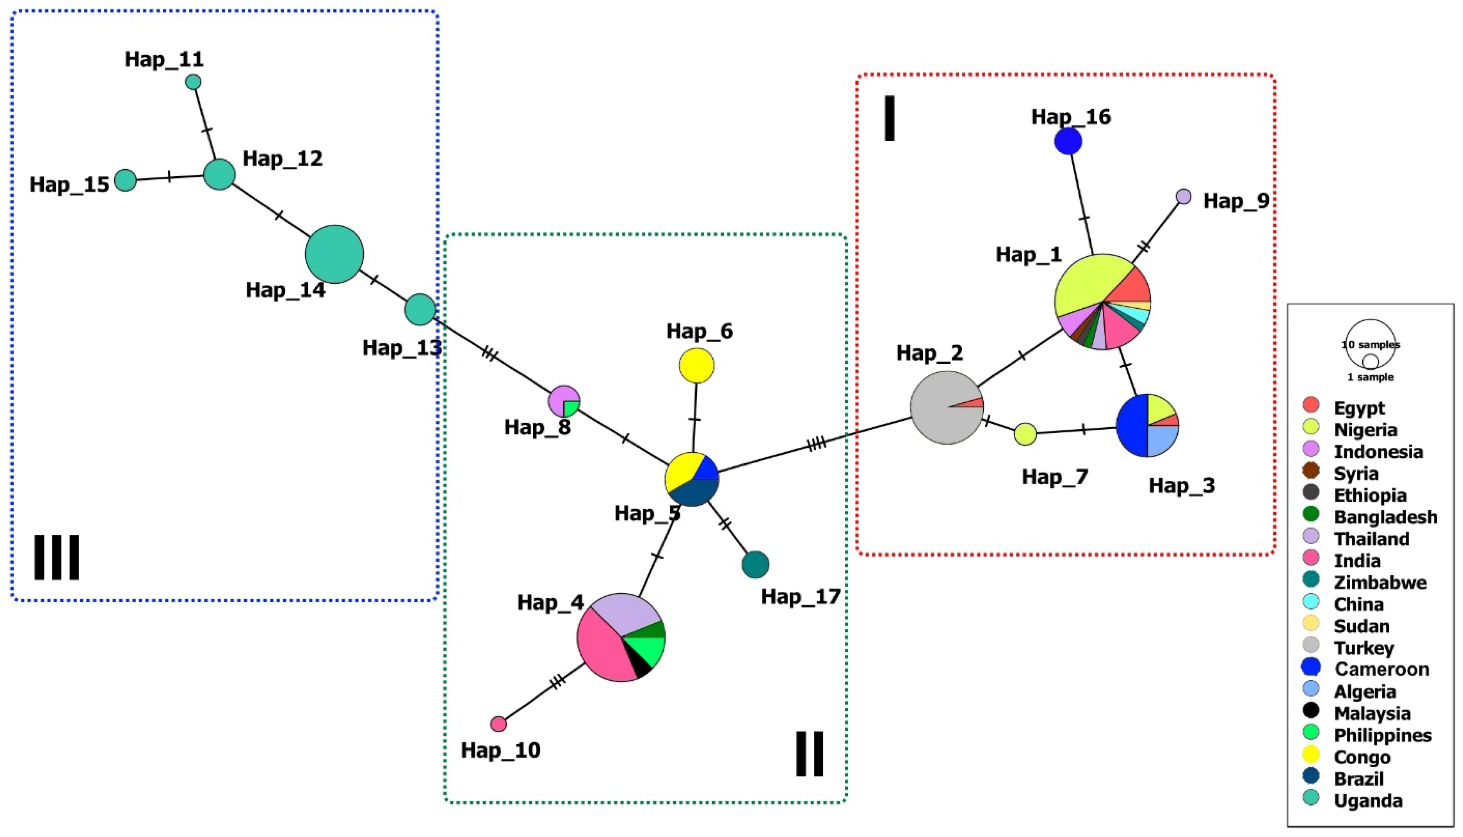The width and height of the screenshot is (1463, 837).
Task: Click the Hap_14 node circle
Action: pos(334,254)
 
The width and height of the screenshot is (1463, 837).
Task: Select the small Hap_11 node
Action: pos(193,82)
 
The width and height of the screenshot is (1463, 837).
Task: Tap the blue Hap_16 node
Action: pos(1068,141)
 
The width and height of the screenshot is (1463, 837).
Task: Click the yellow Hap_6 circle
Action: pos(696,365)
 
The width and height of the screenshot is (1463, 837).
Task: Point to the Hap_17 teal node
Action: pos(755,564)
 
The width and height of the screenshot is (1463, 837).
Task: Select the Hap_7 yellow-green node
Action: pos(1025,434)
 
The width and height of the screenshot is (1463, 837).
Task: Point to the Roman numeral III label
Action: pos(56,557)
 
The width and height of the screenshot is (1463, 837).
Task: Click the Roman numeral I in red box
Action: pos(889,118)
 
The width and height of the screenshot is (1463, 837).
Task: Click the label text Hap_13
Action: pos(402,348)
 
